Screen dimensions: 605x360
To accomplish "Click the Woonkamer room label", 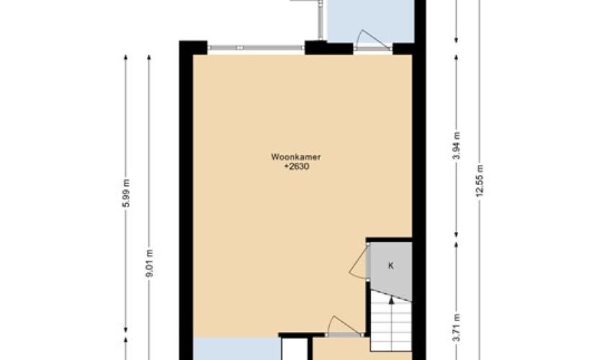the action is (295, 157).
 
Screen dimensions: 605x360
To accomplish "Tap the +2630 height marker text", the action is (297, 167).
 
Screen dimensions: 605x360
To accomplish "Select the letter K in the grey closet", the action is (391, 266).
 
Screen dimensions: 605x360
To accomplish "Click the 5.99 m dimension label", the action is (126, 193).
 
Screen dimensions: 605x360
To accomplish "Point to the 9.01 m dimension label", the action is (150, 263).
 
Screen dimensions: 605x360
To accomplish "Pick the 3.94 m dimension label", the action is (457, 145).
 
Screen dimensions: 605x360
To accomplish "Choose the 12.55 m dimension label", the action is (480, 180).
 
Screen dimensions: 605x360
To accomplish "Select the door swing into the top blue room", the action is (372, 39).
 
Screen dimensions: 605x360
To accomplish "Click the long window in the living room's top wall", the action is (256, 48).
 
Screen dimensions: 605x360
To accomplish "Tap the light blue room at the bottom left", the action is (236, 349).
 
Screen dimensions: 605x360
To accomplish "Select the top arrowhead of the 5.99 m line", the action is (126, 58).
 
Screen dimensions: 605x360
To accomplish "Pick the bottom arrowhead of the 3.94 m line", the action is (456, 235).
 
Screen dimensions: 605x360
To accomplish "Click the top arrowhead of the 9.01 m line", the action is (149, 58).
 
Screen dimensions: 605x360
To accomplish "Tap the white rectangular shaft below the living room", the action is (295, 350).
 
